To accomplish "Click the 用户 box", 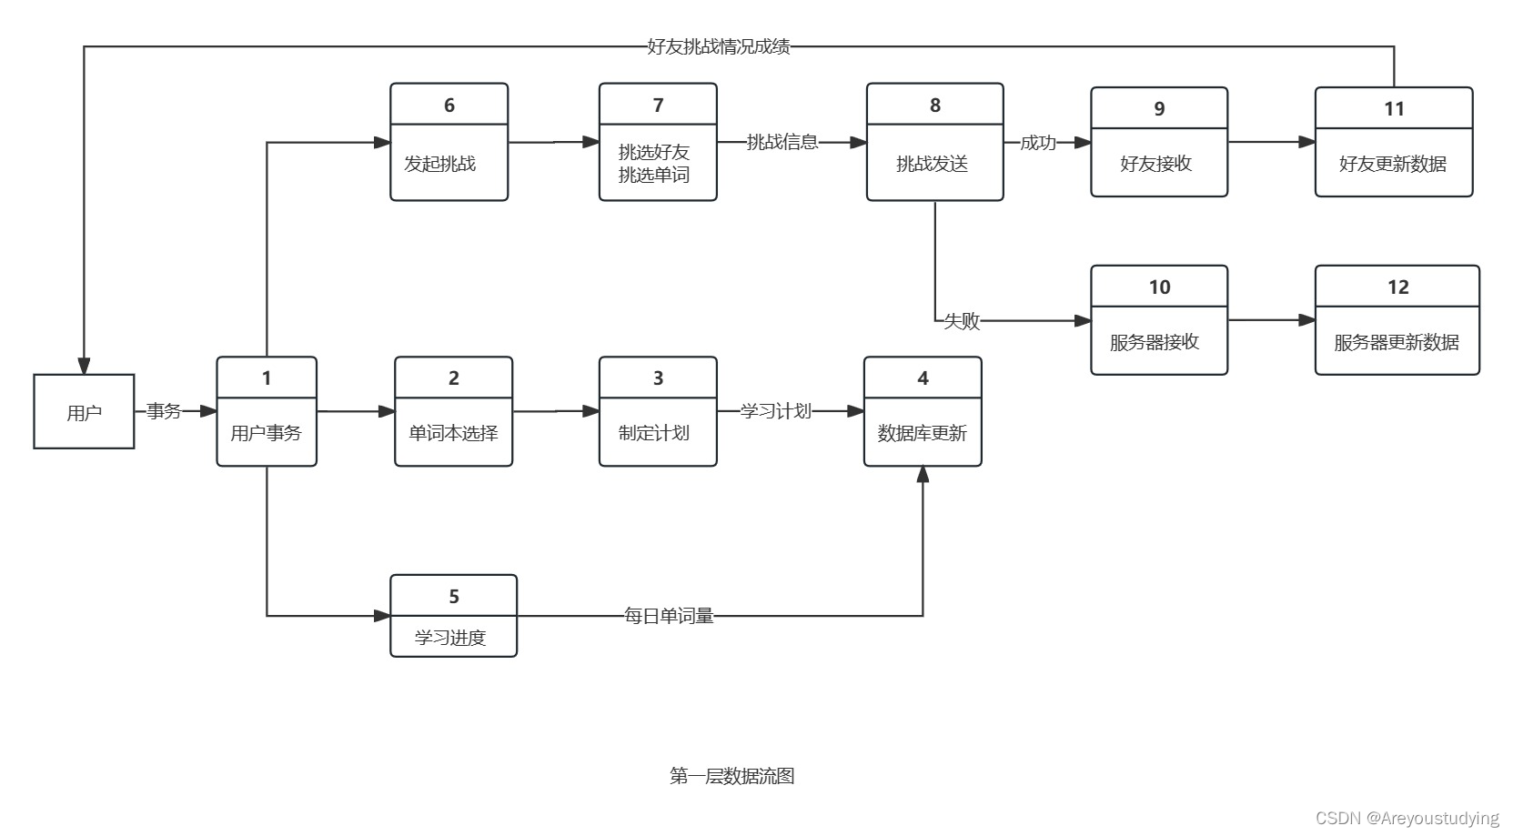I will click(84, 411).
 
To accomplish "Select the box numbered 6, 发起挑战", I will click(449, 143).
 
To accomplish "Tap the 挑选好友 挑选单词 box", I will click(657, 143).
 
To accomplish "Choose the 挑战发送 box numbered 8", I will click(934, 143).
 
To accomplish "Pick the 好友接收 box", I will click(1158, 143).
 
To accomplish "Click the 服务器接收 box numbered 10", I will click(1158, 321).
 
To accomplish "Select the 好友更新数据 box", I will click(1393, 143).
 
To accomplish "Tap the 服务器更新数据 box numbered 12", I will click(1397, 321).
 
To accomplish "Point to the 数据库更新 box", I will click(922, 412).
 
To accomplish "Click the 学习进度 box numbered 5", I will click(453, 616).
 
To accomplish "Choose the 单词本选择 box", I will click(453, 412).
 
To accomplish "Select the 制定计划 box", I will click(657, 412).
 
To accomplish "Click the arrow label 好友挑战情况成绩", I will click(718, 46).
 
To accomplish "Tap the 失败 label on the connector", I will click(961, 321).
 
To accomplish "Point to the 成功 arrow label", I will click(1037, 143).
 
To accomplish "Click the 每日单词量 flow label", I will click(669, 616).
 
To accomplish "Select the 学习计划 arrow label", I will click(775, 411).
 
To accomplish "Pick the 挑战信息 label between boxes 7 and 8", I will click(782, 142).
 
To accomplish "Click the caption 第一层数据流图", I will click(731, 776).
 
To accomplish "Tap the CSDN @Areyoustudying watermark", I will click(1407, 818).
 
